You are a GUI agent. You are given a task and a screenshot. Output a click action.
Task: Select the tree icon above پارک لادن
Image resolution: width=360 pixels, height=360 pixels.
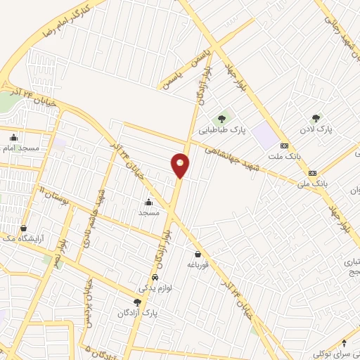(316, 118)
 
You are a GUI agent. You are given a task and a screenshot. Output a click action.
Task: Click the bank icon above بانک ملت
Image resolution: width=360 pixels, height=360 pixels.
(284, 145)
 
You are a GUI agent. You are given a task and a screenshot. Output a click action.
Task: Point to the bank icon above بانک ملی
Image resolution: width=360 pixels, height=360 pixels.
(312, 173)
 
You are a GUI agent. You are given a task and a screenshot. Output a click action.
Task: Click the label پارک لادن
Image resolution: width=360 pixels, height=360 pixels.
(323, 130)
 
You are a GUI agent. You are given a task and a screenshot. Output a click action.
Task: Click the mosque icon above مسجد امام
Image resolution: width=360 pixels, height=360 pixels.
(14, 137)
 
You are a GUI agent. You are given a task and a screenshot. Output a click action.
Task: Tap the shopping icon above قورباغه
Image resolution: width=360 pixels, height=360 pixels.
(198, 254)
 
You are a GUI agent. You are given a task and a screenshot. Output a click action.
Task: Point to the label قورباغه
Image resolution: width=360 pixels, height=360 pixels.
(198, 265)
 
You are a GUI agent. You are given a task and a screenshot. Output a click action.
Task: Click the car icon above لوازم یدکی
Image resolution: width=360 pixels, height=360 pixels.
(156, 277)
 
